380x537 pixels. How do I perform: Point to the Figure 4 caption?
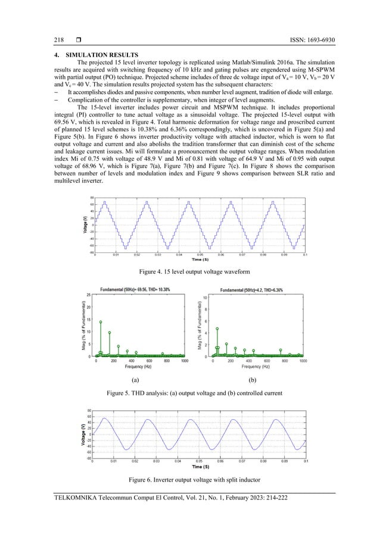[x=190, y=271]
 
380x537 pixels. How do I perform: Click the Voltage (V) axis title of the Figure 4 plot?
[x=84, y=224]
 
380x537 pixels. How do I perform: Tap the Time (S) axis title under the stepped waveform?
[x=200, y=260]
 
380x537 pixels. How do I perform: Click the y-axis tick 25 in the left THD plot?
[x=89, y=295]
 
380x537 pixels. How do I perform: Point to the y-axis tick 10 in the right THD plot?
[x=205, y=297]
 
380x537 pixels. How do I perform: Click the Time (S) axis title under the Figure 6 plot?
[x=200, y=467]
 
